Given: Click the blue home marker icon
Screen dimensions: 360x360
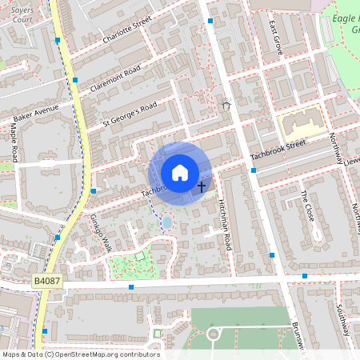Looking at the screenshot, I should coord(180,173).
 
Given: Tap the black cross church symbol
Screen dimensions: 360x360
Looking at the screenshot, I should coord(201,186).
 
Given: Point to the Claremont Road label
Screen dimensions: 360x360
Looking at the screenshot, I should coord(115,78).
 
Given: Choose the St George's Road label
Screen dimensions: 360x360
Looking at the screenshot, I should coord(130,114).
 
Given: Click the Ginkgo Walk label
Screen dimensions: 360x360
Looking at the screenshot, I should coord(100,233).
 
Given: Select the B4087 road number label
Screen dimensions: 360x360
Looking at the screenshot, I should coord(47,282).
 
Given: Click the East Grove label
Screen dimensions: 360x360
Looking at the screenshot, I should coord(276,36).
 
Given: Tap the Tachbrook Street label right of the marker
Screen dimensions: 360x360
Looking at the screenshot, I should coord(278,150).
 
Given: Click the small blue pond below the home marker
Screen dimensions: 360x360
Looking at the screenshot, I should coord(166,222).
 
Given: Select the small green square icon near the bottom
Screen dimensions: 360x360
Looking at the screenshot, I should coord(157,333).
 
